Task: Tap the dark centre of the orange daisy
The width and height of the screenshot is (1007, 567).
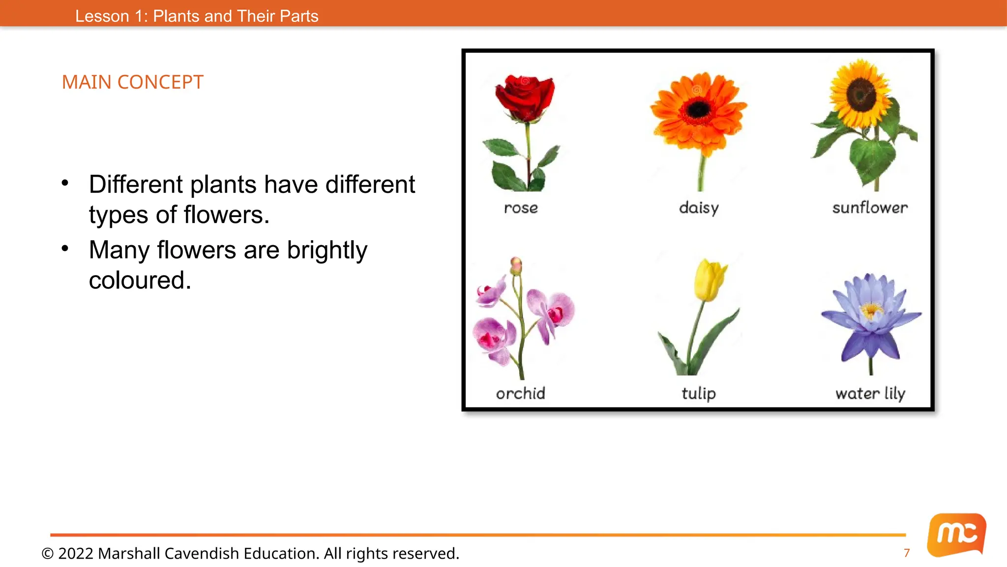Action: point(698,109)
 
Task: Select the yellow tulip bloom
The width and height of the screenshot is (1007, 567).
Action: point(709,280)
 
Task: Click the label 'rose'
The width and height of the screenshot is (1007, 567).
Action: point(521,208)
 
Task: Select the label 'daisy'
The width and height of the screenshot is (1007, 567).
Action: point(699,208)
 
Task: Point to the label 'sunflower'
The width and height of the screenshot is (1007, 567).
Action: point(870,208)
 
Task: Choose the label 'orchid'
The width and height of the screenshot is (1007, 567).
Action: point(520,393)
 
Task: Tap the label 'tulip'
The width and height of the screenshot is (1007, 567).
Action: point(699,393)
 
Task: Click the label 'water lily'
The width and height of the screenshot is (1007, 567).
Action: point(870,393)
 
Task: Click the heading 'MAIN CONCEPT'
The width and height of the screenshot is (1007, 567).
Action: point(132,82)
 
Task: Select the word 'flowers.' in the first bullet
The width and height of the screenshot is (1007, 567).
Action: point(227,215)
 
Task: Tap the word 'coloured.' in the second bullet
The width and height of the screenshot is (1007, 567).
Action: point(140,281)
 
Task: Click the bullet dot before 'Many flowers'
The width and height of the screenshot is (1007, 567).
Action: point(65,249)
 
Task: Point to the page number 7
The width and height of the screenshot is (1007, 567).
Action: point(907,553)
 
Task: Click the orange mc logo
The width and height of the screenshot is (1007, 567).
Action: point(956,535)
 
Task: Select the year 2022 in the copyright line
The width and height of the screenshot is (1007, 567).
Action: point(76,553)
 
